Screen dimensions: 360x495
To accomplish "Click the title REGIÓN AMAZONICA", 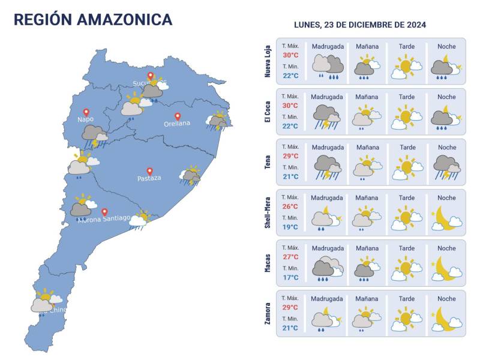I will click(93, 19).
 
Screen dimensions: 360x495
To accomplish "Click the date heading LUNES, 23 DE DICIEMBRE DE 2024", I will click(360, 25).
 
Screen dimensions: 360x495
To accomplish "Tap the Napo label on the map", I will click(85, 119).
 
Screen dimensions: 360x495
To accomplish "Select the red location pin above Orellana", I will click(177, 116).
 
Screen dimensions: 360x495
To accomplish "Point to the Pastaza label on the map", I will click(149, 178).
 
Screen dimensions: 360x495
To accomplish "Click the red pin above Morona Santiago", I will click(104, 212).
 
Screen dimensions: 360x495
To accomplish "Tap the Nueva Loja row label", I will click(268, 61).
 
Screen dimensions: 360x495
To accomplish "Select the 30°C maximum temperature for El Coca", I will click(290, 106).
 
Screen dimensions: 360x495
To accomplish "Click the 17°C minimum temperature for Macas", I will click(290, 278).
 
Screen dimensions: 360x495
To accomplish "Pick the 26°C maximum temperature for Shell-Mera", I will click(290, 206).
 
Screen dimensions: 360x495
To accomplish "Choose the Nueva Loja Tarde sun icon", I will click(406, 66).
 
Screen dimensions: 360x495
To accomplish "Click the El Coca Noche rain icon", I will click(446, 116).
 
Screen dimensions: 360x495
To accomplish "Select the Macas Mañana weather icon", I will click(367, 268).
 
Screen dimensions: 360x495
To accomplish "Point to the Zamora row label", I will click(268, 313).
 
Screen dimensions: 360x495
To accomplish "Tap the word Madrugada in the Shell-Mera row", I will click(327, 198).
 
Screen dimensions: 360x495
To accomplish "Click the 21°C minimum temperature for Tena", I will click(290, 177).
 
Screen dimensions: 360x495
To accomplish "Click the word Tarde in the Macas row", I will click(406, 248).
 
